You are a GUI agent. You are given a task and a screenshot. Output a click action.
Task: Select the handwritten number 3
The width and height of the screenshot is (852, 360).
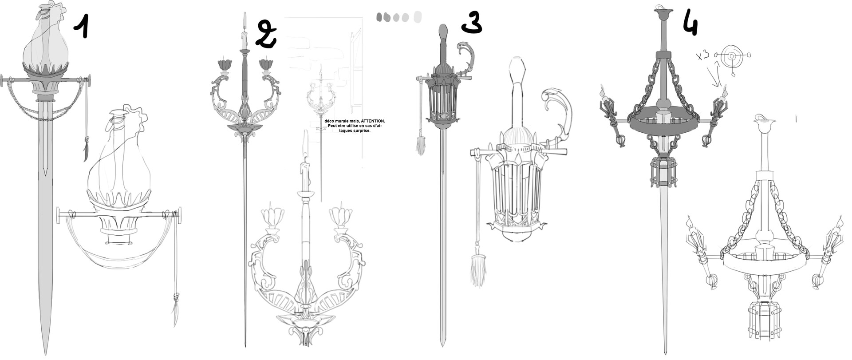[x=472, y=22]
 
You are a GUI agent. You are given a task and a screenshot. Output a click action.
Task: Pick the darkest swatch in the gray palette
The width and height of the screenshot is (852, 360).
[x=379, y=17]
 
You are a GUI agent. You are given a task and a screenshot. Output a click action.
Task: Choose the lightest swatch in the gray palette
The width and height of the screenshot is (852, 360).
[x=418, y=17]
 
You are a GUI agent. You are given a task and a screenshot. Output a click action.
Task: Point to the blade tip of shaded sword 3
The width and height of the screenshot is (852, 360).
[x=442, y=344]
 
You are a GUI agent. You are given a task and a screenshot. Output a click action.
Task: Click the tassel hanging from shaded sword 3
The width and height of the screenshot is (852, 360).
[x=420, y=146]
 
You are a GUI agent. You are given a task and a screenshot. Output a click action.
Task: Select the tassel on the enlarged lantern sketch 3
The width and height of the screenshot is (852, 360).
[x=477, y=271]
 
